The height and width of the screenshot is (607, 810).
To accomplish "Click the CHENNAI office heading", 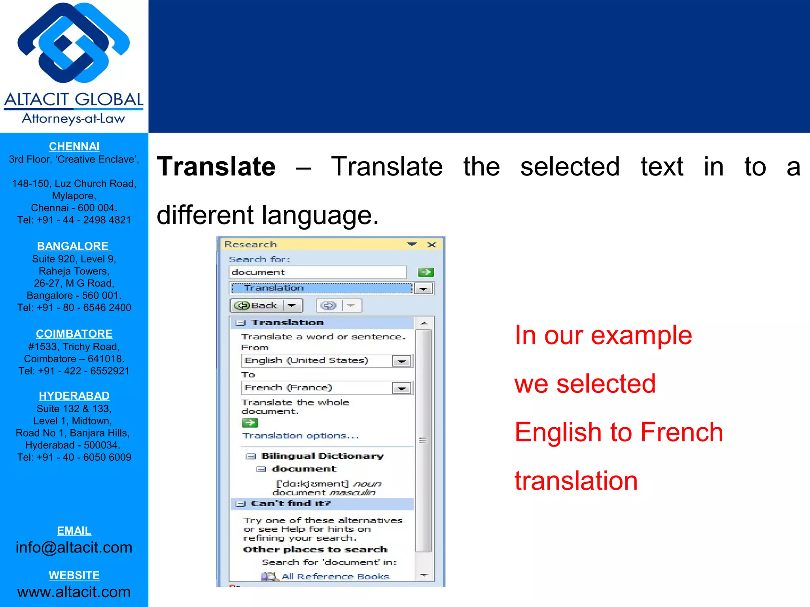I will (x=74, y=147).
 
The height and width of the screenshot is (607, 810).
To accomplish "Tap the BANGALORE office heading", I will (x=74, y=246).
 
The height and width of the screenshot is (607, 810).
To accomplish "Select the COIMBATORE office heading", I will (x=74, y=334).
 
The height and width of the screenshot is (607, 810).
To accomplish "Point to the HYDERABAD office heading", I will (x=74, y=396).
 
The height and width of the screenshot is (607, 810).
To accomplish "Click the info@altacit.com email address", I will (x=74, y=548).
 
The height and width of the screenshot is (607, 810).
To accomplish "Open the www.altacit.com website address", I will (x=74, y=592).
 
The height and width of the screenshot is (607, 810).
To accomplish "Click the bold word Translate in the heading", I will (x=216, y=167).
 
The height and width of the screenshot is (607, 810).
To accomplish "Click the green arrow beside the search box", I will (x=426, y=272).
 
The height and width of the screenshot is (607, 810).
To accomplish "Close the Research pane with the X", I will (x=432, y=245).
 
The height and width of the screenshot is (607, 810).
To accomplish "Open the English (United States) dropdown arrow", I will (x=401, y=361).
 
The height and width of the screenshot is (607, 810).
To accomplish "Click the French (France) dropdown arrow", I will (x=401, y=388).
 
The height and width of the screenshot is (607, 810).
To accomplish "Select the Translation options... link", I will (x=301, y=436).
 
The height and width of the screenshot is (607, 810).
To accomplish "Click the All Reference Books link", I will (x=335, y=577).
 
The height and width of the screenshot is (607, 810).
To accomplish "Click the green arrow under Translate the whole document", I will (x=250, y=423).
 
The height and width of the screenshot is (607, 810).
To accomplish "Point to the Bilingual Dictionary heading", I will (x=322, y=456).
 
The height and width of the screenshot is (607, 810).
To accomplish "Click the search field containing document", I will (x=317, y=272).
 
